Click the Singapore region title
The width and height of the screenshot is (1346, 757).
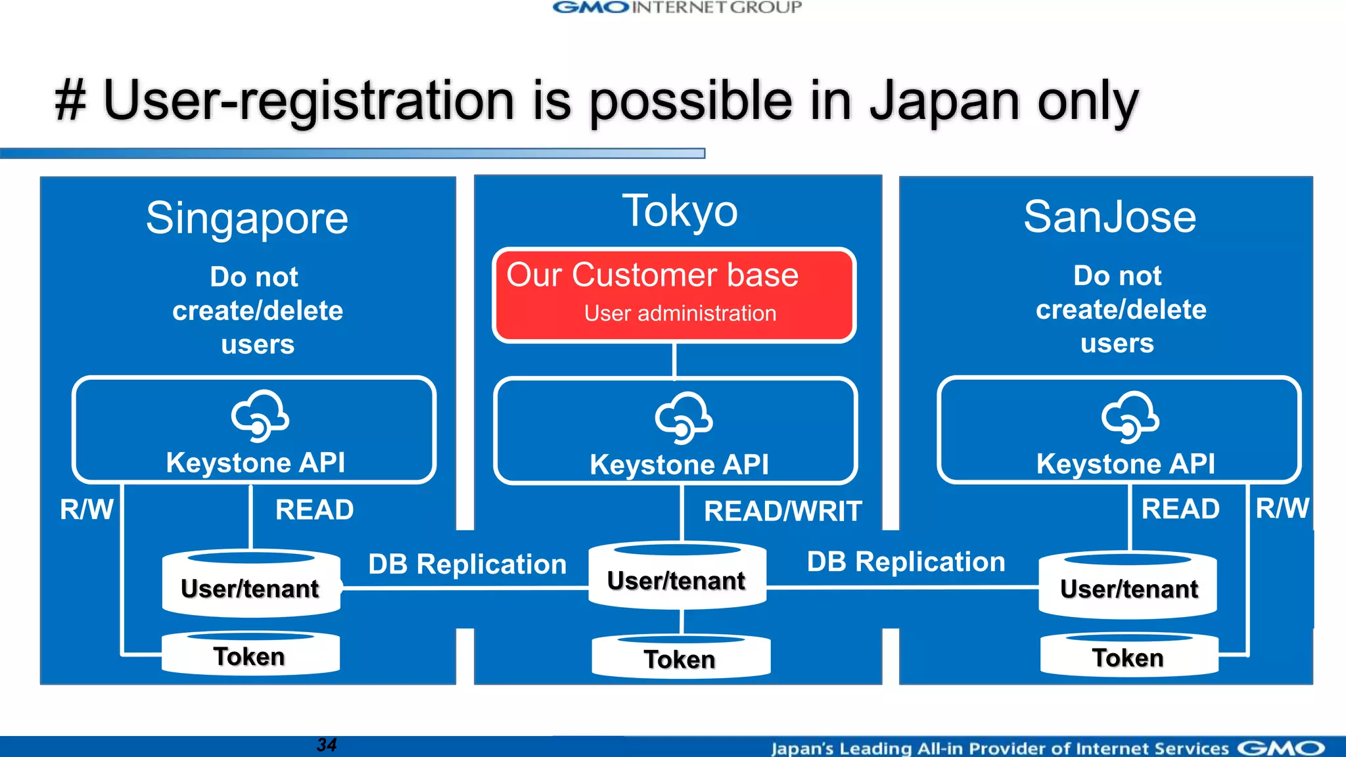[x=247, y=219]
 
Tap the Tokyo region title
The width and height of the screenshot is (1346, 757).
[x=680, y=212]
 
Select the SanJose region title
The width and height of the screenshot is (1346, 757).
[x=1109, y=217]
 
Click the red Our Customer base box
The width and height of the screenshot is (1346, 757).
[x=674, y=295]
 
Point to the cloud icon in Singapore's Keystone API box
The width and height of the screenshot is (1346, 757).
[x=260, y=416]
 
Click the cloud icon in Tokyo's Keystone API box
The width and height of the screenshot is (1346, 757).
[x=684, y=418]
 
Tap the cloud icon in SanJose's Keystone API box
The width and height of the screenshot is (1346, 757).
[x=1130, y=417]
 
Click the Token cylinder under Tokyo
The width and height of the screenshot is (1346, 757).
[x=680, y=658]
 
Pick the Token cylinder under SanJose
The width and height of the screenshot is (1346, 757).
[x=1128, y=656]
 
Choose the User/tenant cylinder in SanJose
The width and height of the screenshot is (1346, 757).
[x=1128, y=587]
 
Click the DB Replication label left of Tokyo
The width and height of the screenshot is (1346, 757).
[x=467, y=564]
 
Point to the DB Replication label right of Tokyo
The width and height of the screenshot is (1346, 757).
[x=906, y=562]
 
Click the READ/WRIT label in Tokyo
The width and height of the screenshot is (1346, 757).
[x=782, y=511]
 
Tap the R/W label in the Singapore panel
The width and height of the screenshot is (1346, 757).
[x=87, y=509]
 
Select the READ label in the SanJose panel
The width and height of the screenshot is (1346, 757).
[x=1180, y=509]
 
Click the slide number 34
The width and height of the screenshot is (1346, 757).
[x=327, y=745]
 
